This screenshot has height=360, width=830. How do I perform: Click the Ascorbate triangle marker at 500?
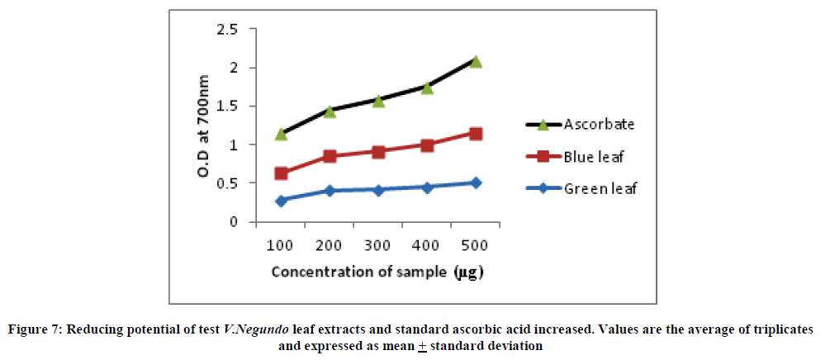(x=476, y=62)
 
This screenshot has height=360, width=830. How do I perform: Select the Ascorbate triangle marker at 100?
(x=281, y=134)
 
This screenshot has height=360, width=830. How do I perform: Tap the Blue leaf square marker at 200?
(x=330, y=156)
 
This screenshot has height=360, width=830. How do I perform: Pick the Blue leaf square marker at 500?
(x=476, y=134)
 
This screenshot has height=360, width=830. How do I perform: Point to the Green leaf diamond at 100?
(x=281, y=201)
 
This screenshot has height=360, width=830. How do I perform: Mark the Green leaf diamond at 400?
(x=427, y=187)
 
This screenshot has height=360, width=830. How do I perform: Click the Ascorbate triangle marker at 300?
(x=378, y=101)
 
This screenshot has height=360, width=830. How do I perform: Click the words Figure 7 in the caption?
(x=36, y=329)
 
